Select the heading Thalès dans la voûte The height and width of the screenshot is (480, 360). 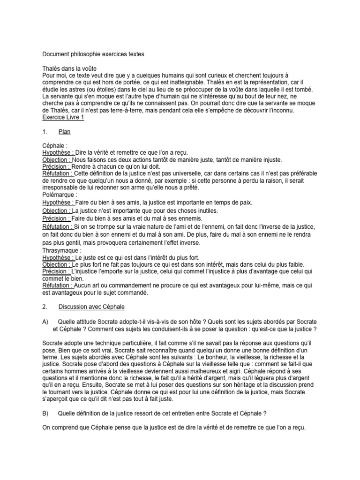[x=69, y=68]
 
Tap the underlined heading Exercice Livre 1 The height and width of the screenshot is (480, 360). [x=63, y=118]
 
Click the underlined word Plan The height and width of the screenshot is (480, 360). [x=65, y=132]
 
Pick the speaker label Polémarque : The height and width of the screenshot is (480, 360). [x=60, y=195]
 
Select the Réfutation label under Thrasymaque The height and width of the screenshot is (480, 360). [x=57, y=285]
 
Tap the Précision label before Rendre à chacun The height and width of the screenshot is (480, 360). [x=56, y=166]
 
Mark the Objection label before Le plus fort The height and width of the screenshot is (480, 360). [x=56, y=264]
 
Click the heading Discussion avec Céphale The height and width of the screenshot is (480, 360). [x=91, y=307]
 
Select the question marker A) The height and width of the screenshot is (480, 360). [x=45, y=321]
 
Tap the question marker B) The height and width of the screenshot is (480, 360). [x=45, y=412]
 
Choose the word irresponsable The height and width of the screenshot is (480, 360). [x=62, y=187]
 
